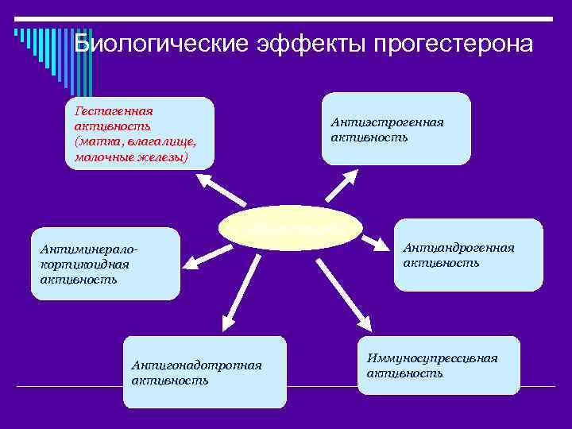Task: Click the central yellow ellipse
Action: click(x=290, y=226)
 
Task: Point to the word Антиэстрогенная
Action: click(x=387, y=122)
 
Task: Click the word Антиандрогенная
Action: click(x=458, y=248)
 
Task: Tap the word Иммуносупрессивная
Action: click(x=432, y=358)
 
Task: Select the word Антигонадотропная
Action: click(x=196, y=365)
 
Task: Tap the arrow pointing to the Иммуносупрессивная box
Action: click(x=342, y=295)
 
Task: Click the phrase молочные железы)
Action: click(x=131, y=157)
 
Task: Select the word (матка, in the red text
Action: click(x=96, y=141)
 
